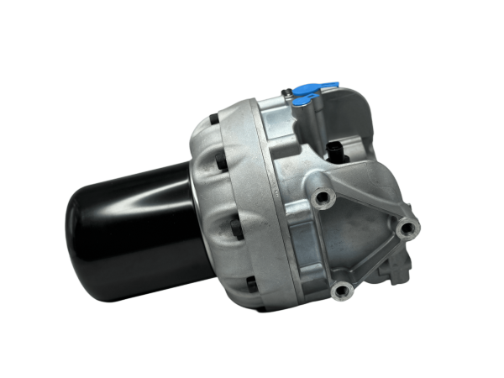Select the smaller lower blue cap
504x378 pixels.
(300, 101)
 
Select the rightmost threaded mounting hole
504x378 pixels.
(408, 227)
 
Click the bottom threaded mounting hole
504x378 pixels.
(340, 291)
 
